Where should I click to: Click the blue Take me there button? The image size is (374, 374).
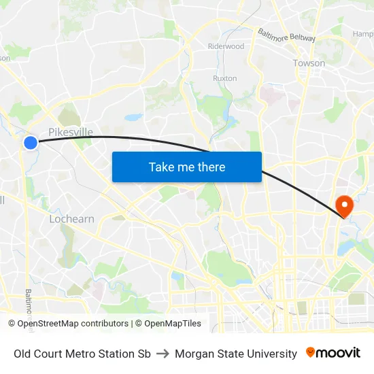pos(186,167)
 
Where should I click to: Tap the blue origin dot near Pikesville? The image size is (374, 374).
pos(31,142)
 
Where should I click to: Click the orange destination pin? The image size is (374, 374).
pos(344,206)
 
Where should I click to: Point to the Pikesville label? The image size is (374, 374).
pos(71,132)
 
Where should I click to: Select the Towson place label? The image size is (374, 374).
pos(309,63)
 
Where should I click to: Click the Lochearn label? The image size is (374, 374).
pos(71,219)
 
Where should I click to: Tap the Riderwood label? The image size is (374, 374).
pos(226,46)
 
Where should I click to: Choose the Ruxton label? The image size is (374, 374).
pos(224,78)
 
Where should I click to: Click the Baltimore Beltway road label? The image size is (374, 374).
pos(286,35)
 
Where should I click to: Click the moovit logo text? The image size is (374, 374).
pos(338,353)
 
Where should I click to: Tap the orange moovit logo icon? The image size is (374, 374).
pos(311,352)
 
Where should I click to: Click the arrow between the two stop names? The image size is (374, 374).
pos(163,354)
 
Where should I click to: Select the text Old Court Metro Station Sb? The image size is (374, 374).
pos(82,354)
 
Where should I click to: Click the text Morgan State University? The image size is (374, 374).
pos(236,354)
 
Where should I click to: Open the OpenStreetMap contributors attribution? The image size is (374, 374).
pos(73,324)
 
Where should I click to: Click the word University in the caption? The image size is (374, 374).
pos(273,354)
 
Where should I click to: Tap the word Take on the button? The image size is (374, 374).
pos(161,167)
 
